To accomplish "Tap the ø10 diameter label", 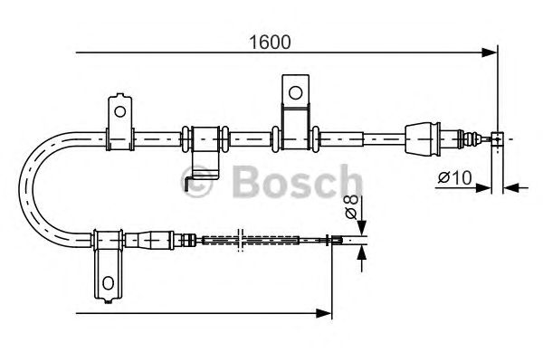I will click(452, 178).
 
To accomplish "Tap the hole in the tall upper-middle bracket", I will click(294, 91).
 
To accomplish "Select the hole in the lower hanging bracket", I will click(109, 283).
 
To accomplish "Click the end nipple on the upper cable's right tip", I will click(496, 138).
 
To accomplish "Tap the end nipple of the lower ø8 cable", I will click(335, 240).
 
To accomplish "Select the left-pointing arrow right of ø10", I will click(510, 188).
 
